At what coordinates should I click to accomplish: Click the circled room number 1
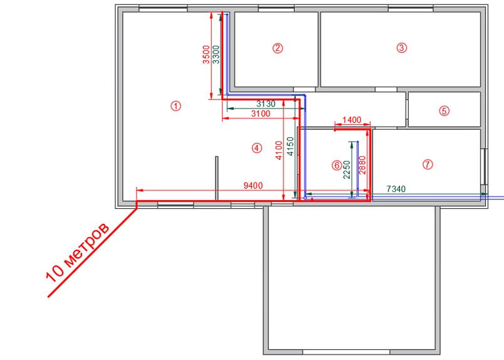tap(176, 106)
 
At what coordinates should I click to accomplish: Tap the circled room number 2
tap(278, 48)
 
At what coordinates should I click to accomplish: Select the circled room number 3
tap(401, 48)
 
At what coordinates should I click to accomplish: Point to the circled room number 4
tap(257, 148)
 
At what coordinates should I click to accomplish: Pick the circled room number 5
tap(444, 111)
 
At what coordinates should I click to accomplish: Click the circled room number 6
tap(337, 166)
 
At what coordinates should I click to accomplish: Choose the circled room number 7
tap(428, 164)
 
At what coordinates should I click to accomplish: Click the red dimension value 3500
tap(206, 55)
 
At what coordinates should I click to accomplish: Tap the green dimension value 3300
tap(216, 55)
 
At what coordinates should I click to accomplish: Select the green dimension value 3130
tap(266, 104)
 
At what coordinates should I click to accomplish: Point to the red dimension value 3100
tap(261, 114)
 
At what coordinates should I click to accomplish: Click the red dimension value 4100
tap(279, 151)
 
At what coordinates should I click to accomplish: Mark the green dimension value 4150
tap(290, 147)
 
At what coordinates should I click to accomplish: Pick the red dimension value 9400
tap(253, 186)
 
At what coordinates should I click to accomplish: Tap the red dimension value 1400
tap(352, 120)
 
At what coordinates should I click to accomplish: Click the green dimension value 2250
tap(347, 170)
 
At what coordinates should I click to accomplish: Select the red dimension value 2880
tap(362, 165)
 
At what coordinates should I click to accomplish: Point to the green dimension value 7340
tap(396, 189)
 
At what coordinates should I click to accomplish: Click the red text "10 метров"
tap(77, 252)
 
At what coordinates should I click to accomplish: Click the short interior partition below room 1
tap(217, 178)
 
